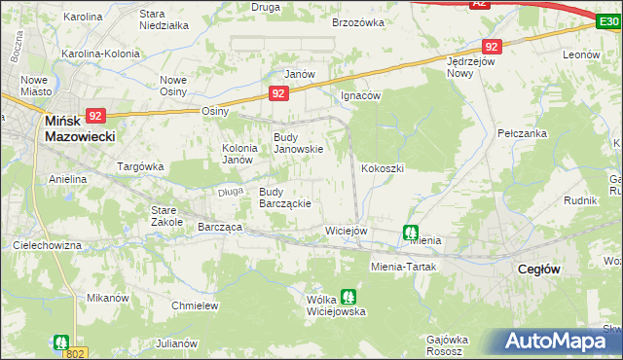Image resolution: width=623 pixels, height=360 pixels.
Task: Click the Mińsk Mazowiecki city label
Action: point(80,130)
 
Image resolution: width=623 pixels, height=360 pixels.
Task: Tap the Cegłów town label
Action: point(537,270)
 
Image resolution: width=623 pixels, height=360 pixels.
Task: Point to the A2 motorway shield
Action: point(478,4)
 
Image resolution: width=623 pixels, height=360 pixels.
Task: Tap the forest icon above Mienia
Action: point(411,233)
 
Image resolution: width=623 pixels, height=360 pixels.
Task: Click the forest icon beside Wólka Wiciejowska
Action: point(348,297)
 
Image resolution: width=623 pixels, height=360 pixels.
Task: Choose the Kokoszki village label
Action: point(383,168)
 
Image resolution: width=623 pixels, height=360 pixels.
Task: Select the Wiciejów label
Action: point(346,231)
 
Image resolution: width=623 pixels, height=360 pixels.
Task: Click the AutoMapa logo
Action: point(558,342)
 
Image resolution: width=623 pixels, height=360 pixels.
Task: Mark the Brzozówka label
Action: point(358,19)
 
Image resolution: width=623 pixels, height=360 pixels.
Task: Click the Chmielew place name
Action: point(193,306)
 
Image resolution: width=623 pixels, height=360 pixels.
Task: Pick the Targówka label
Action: point(140,166)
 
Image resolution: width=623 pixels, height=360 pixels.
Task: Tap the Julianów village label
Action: point(177,343)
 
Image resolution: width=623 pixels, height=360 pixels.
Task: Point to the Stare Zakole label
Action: point(167,215)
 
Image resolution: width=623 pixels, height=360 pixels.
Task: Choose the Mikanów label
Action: point(108,297)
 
